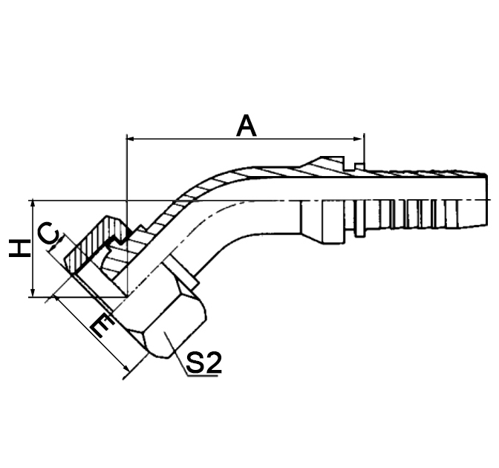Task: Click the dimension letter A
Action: point(247,125)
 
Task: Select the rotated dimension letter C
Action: point(49,235)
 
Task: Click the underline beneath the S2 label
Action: point(201,376)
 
